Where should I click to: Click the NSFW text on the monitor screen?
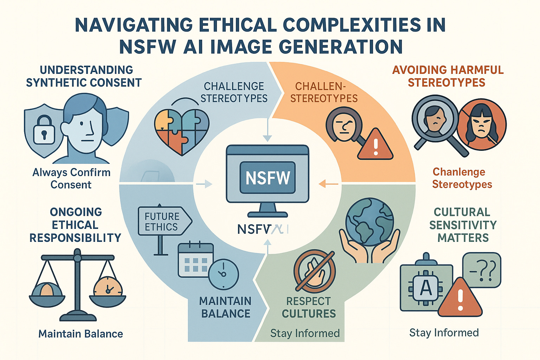[268, 178]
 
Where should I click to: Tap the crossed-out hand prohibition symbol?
[314, 272]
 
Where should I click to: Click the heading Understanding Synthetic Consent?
[84, 76]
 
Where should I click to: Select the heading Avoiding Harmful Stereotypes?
[448, 76]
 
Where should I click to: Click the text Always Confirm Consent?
[71, 178]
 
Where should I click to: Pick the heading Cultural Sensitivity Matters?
[463, 225]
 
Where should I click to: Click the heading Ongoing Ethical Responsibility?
[75, 225]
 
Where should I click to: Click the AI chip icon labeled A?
[426, 288]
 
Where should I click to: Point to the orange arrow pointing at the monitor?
[329, 184]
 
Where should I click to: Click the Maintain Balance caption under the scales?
[81, 334]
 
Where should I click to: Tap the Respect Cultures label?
[309, 307]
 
